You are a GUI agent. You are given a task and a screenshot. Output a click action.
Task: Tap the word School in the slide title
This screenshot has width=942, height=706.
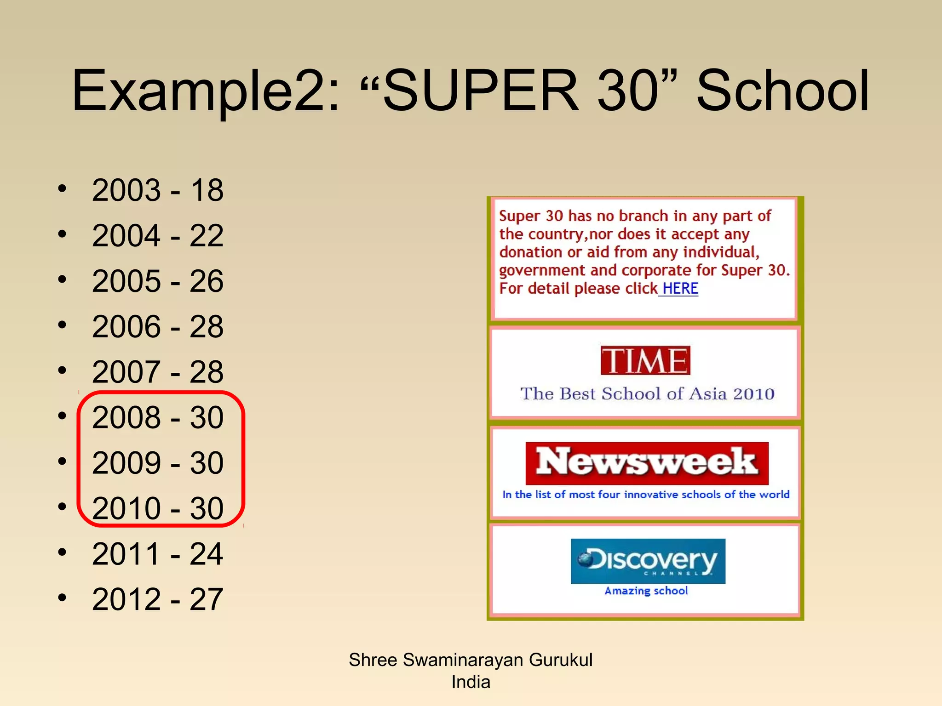[782, 90]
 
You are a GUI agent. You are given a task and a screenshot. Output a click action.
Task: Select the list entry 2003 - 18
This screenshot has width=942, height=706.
[158, 190]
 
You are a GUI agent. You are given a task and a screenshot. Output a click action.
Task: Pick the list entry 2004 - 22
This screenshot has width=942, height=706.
[158, 235]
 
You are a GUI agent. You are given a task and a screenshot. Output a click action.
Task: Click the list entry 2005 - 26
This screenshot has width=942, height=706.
[158, 281]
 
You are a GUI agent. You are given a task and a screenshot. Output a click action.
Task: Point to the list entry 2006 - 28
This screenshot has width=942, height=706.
[158, 326]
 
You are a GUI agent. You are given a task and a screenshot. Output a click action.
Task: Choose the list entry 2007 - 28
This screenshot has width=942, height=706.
[158, 372]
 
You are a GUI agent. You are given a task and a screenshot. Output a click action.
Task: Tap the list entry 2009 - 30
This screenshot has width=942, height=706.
[158, 462]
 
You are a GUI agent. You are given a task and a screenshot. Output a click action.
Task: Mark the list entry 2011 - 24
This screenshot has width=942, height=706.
[158, 553]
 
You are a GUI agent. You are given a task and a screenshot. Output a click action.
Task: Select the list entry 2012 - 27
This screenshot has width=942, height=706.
[158, 599]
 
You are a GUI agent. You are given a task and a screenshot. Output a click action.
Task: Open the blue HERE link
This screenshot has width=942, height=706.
[680, 289]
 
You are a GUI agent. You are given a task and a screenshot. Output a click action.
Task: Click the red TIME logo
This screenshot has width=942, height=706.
[645, 360]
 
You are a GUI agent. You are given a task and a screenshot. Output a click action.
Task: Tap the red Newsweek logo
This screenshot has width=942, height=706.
[647, 463]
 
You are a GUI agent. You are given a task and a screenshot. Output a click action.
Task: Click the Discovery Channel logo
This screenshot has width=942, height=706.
[648, 561]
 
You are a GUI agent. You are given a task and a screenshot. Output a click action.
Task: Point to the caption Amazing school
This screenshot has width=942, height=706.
[646, 591]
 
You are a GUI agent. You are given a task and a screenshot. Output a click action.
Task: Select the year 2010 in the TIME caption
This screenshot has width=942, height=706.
[754, 394]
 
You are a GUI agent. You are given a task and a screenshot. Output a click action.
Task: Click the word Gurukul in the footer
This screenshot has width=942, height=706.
[560, 660]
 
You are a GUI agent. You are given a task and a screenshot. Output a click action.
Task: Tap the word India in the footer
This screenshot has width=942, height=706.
[471, 682]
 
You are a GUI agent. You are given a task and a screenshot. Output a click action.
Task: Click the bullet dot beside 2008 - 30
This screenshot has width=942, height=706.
[63, 416]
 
